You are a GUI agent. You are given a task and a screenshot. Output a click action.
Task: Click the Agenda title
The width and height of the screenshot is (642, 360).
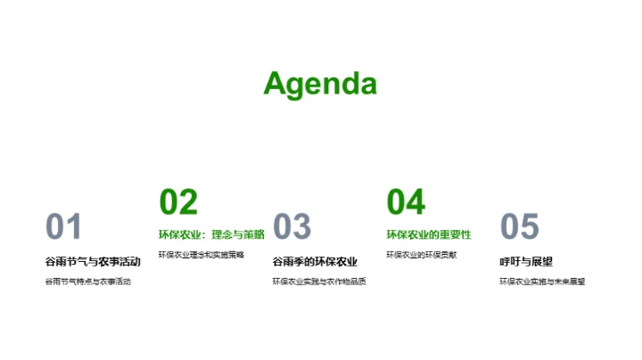tap(320, 83)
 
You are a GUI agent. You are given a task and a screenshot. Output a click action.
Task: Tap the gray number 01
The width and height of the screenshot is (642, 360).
tap(63, 227)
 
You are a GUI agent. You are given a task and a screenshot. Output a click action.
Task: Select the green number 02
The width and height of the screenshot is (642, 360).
tap(177, 202)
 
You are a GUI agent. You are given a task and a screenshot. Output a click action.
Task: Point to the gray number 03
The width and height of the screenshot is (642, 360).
tap(292, 227)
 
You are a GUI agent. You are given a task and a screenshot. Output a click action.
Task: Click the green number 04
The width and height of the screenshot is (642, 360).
tap(406, 202)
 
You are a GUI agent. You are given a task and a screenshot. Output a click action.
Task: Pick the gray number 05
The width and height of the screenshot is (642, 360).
tap(520, 227)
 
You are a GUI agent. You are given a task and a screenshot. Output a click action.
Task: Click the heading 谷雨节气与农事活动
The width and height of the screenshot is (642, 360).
tap(93, 261)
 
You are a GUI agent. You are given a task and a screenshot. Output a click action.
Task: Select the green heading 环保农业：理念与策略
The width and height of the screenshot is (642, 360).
tap(211, 234)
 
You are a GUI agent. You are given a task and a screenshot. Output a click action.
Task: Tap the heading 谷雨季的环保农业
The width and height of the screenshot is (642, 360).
tap(315, 261)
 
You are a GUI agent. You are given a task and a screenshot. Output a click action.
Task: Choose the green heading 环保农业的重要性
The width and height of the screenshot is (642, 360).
tap(428, 234)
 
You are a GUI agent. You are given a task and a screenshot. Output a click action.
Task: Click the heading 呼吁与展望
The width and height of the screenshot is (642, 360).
tap(526, 261)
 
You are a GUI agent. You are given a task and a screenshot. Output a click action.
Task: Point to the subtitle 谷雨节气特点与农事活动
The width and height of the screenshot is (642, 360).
tap(87, 282)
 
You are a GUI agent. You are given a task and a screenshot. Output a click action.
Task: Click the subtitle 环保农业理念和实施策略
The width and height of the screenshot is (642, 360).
tap(201, 255)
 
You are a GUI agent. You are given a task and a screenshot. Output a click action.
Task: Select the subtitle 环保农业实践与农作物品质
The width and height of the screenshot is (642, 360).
tap(319, 282)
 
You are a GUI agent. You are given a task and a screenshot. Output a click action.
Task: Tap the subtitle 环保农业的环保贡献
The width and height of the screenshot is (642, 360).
tap(421, 255)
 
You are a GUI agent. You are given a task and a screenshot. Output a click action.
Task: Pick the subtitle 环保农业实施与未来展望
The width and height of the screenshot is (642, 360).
tap(542, 282)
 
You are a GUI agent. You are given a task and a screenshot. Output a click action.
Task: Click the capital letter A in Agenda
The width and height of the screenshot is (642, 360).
tap(276, 83)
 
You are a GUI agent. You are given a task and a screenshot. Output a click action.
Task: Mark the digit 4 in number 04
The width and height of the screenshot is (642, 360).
tap(416, 202)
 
